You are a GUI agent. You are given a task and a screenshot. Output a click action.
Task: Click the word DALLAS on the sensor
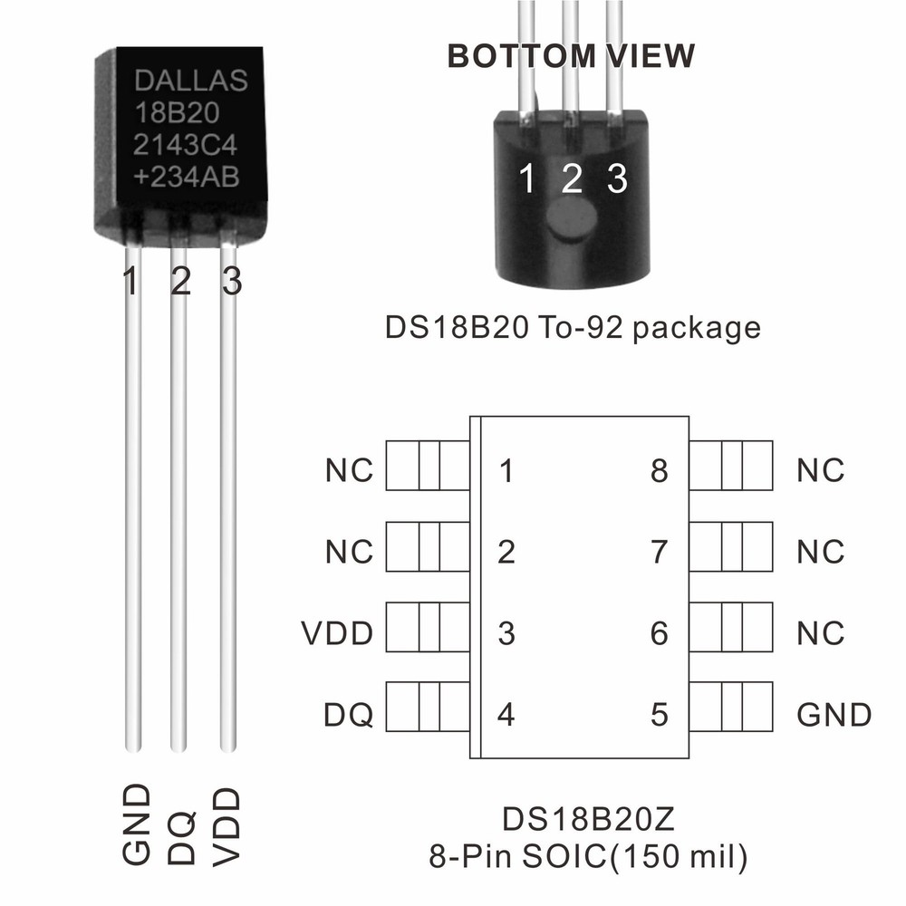click(190, 81)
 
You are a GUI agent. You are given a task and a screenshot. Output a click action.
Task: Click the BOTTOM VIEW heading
click(572, 56)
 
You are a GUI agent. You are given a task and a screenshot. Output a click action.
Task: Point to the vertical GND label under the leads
click(135, 825)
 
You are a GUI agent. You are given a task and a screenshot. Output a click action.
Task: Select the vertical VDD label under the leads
click(229, 825)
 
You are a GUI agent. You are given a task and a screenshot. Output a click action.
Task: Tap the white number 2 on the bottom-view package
click(571, 178)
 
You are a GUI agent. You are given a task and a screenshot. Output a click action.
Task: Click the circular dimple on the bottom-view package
click(571, 220)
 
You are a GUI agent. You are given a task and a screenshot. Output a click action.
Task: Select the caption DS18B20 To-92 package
click(573, 327)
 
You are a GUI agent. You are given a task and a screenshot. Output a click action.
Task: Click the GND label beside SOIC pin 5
click(834, 715)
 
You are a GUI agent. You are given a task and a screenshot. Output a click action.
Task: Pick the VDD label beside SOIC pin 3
click(337, 634)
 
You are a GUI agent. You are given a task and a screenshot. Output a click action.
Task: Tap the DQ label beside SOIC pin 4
click(349, 715)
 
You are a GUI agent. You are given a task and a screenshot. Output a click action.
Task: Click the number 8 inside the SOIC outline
click(660, 471)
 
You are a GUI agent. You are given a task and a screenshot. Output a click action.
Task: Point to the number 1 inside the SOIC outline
click(507, 471)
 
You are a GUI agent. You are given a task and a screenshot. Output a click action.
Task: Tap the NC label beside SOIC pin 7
click(821, 552)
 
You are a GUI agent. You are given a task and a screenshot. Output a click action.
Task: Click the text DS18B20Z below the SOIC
click(589, 822)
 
